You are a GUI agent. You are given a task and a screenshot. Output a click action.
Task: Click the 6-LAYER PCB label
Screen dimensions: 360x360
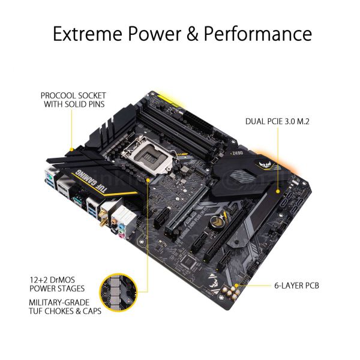(292, 285)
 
